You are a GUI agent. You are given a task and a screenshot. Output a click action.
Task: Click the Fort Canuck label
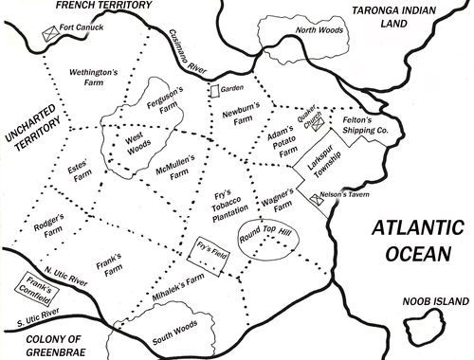[x=81, y=28]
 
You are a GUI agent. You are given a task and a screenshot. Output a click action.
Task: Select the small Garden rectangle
[x=214, y=91]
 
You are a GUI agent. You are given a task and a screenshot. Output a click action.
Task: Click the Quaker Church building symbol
[x=319, y=121]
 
